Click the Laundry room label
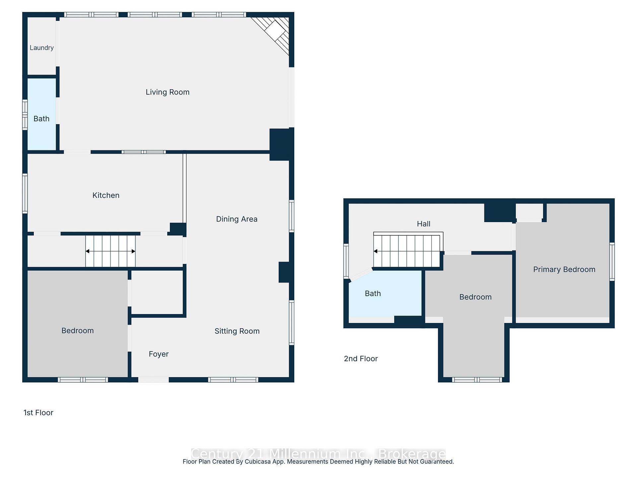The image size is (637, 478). tap(41, 48)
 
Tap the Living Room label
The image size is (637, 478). tap(168, 92)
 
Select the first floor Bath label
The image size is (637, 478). tap(41, 119)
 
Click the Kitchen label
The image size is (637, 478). tap(106, 196)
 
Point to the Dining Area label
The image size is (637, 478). tap(237, 219)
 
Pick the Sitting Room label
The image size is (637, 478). tap(237, 331)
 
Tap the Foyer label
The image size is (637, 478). tap(159, 354)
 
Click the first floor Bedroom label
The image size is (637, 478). tap(78, 331)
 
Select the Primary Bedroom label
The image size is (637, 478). tap(564, 270)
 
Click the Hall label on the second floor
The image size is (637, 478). tap(423, 224)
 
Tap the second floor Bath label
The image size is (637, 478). tap(373, 294)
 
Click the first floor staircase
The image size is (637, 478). tap(110, 251)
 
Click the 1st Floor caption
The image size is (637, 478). tap(38, 413)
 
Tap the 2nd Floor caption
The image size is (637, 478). tap(361, 359)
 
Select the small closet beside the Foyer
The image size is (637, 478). tap(157, 292)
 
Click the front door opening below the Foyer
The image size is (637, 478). tap(153, 380)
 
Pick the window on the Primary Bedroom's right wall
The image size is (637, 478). tap(612, 262)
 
